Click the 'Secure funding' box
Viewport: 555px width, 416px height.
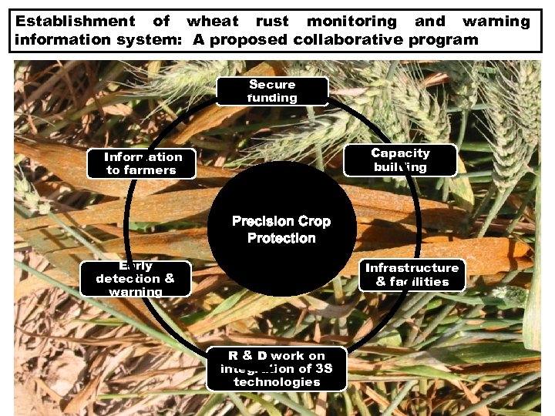pyautogui.click(x=272, y=91)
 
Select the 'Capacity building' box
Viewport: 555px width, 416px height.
pyautogui.click(x=400, y=160)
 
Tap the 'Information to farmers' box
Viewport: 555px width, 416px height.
pyautogui.click(x=141, y=163)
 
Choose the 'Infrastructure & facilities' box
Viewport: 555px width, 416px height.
pyautogui.click(x=412, y=275)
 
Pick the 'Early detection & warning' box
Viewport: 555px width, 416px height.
pyautogui.click(x=136, y=278)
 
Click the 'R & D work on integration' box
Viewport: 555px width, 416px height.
pyautogui.click(x=277, y=369)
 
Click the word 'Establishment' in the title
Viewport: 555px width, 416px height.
pyautogui.click(x=76, y=22)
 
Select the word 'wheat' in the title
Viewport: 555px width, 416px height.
pyautogui.click(x=213, y=22)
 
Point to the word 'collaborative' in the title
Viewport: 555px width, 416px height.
pyautogui.click(x=351, y=39)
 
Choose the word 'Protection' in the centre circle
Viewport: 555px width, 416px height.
pyautogui.click(x=281, y=238)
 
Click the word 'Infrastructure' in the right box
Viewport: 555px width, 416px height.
pyautogui.click(x=412, y=268)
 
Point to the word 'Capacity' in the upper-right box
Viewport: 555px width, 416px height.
pyautogui.click(x=400, y=153)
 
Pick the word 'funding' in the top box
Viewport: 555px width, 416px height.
pyautogui.click(x=272, y=98)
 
